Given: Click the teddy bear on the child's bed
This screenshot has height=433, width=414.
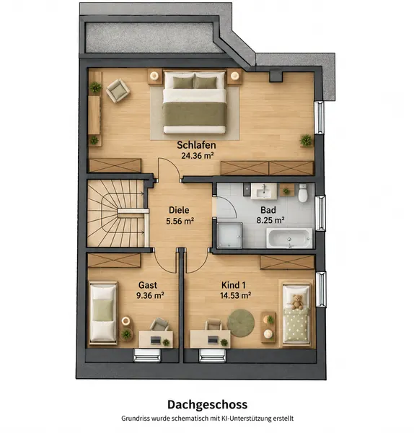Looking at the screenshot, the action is [297, 302].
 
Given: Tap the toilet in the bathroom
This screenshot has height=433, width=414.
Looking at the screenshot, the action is [303, 193].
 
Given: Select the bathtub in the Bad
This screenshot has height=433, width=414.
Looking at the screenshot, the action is [289, 238].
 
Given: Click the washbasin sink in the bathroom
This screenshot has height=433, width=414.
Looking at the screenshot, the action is [263, 191].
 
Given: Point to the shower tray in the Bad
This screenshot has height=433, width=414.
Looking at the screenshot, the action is [229, 235].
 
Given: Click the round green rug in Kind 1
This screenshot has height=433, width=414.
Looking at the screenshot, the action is [241, 323].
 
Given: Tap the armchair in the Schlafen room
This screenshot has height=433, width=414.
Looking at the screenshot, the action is [118, 90].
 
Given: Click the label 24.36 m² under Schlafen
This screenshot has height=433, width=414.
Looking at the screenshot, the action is [198, 156].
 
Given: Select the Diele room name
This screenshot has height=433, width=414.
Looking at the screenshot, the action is [179, 210].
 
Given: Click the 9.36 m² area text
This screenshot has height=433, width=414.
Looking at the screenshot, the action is [150, 295].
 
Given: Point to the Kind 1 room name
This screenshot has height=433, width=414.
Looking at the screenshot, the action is [234, 285].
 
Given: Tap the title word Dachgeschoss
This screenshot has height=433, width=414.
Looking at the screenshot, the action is [207, 404].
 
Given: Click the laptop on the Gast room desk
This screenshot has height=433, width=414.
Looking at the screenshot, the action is [156, 340].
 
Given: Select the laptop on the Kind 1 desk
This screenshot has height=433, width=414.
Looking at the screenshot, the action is [213, 340].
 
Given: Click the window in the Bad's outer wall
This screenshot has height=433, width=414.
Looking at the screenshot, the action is [320, 213].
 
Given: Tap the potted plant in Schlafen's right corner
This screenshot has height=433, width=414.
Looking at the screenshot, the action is [306, 140].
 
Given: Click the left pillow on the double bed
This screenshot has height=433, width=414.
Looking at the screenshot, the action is [183, 82].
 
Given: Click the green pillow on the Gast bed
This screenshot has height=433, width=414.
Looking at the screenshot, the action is [103, 310].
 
